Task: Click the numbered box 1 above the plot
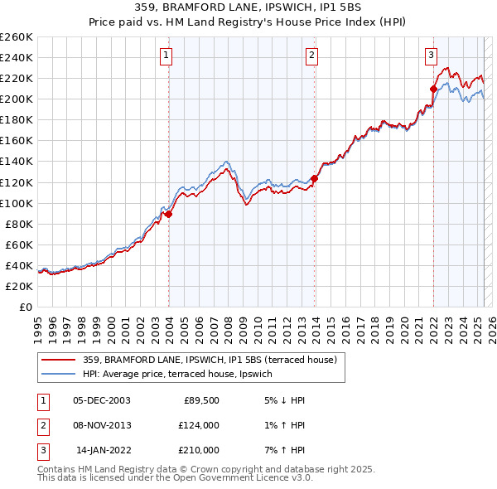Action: point(166,56)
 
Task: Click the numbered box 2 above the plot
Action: point(311,56)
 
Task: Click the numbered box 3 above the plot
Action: point(432,56)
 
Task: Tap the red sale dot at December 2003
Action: point(168,214)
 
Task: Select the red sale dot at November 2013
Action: point(314,177)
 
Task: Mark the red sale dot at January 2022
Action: point(433,89)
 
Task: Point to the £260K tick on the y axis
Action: point(17,37)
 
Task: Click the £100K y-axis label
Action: point(17,203)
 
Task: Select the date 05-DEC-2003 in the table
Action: point(102,399)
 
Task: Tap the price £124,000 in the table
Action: point(198,425)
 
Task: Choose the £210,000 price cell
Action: point(198,450)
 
